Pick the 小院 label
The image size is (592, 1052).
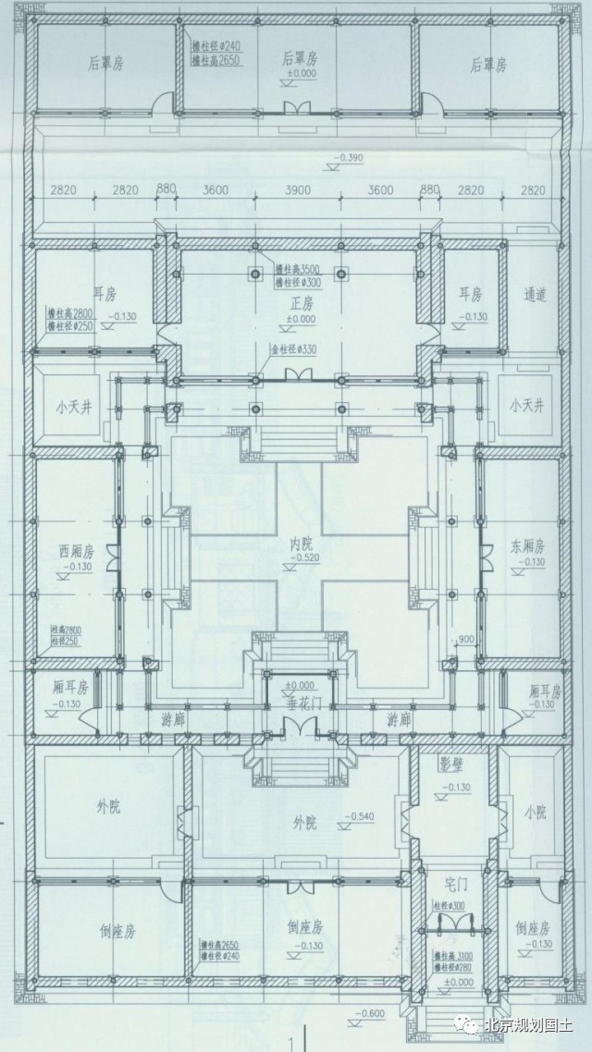click(x=535, y=813)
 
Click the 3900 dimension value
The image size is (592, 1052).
click(x=296, y=191)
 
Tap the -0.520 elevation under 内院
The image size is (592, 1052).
click(x=295, y=558)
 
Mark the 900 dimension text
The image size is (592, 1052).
click(x=466, y=638)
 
